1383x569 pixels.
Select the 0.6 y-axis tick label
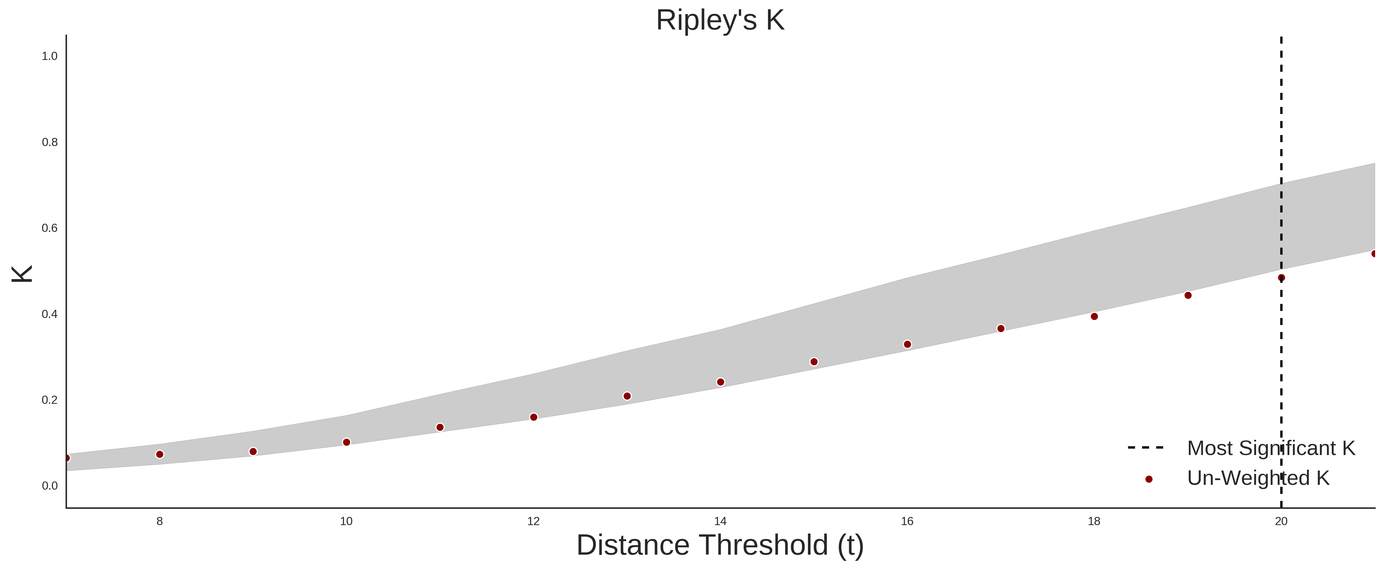pyautogui.click(x=50, y=228)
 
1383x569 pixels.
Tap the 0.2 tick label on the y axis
pyautogui.click(x=50, y=400)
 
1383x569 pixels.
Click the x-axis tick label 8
pyautogui.click(x=160, y=521)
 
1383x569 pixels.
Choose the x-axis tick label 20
pyautogui.click(x=1281, y=521)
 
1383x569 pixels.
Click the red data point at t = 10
pyautogui.click(x=346, y=442)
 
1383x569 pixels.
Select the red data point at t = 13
pyautogui.click(x=627, y=396)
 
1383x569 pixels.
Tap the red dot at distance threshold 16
pyautogui.click(x=907, y=345)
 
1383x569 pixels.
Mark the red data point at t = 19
pyautogui.click(x=1188, y=295)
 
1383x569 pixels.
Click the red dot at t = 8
pyautogui.click(x=160, y=455)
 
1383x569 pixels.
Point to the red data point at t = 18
pyautogui.click(x=1094, y=317)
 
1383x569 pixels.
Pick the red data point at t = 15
pyautogui.click(x=814, y=362)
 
